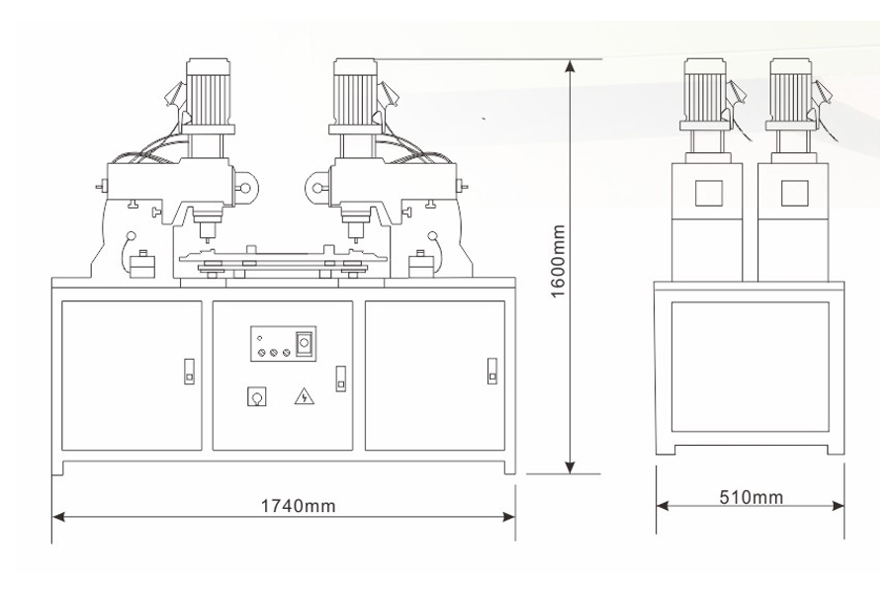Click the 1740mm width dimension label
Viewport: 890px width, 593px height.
[298, 505]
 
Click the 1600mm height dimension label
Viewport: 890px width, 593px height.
[559, 261]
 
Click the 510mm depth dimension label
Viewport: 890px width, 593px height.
[752, 497]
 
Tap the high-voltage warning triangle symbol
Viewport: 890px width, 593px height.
[305, 395]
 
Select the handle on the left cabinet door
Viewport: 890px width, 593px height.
[189, 372]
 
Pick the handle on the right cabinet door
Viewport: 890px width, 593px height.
[492, 372]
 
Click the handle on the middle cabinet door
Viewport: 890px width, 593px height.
[340, 379]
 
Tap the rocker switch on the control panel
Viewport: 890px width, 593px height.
[305, 343]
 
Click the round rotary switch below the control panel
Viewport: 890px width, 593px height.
[257, 396]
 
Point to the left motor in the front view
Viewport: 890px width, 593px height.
[208, 95]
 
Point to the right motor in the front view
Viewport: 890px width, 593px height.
[355, 95]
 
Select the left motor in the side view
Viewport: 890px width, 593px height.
[705, 95]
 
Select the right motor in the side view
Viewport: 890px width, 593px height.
[791, 95]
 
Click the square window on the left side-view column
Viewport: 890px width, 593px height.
[708, 193]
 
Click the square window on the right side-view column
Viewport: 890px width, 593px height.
[795, 193]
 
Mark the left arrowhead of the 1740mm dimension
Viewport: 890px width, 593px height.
[59, 516]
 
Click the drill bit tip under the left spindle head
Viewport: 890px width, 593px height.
[207, 240]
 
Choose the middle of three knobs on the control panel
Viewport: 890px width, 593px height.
[274, 353]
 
